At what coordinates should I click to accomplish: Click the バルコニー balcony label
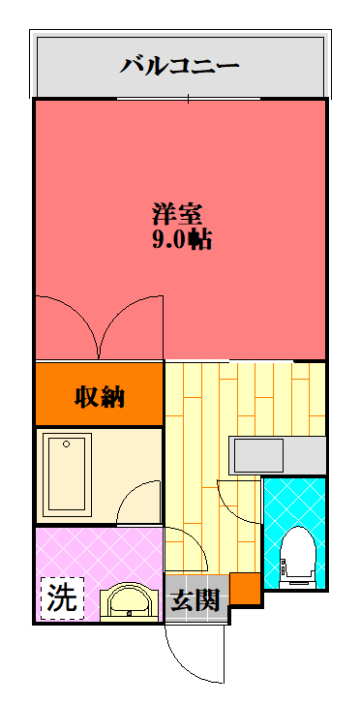179,66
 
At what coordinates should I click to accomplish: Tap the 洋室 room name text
177,214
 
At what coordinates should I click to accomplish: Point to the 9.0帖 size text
182,239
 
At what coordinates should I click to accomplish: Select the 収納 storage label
100,396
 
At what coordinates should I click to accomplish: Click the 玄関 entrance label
195,599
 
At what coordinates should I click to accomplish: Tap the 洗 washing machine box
62,599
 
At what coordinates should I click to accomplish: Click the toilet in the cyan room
298,557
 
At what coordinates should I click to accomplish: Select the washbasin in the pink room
130,602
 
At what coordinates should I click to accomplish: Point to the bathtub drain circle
67,444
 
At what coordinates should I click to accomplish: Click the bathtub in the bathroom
67,472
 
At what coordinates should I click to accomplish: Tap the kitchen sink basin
256,455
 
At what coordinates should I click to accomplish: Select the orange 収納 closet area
100,394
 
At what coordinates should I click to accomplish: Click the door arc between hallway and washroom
196,542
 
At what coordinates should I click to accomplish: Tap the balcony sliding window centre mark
188,99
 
